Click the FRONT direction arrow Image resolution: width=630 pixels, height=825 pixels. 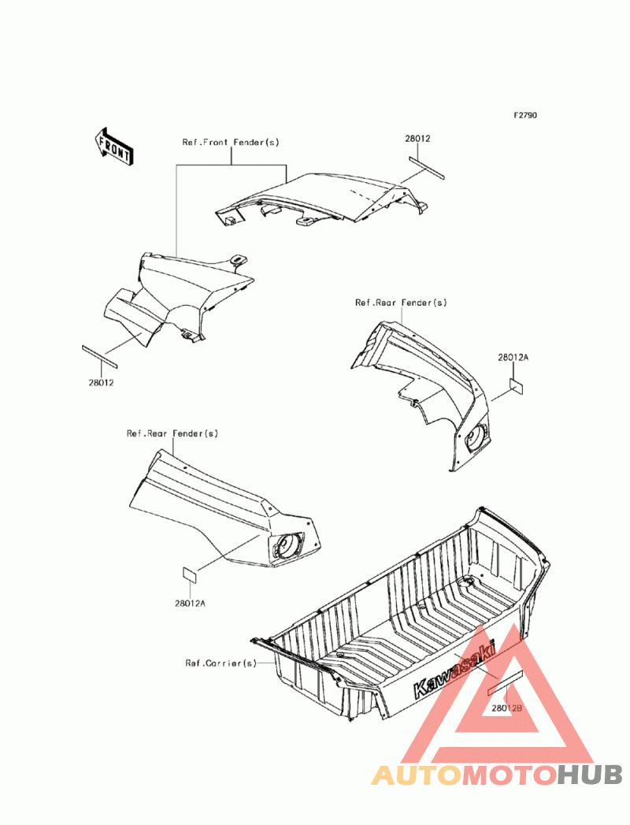(x=114, y=147)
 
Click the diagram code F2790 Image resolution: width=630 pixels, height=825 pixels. (x=525, y=115)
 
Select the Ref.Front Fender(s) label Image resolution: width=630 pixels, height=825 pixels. (x=231, y=142)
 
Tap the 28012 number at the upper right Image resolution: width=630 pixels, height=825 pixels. (x=417, y=139)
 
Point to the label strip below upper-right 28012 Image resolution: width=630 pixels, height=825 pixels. (x=427, y=168)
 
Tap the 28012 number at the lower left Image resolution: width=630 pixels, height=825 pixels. (x=101, y=382)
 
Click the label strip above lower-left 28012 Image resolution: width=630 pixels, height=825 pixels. (x=99, y=355)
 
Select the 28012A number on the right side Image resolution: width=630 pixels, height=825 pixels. (x=513, y=357)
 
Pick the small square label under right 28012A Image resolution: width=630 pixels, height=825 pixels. (x=517, y=386)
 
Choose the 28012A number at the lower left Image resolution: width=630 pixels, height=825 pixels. (x=190, y=604)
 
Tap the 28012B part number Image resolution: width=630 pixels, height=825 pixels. (x=507, y=708)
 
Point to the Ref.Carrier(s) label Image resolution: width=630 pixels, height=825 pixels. (x=220, y=663)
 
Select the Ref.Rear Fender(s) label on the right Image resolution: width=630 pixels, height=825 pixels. (x=401, y=303)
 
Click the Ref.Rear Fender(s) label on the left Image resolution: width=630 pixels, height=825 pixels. (x=172, y=433)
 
